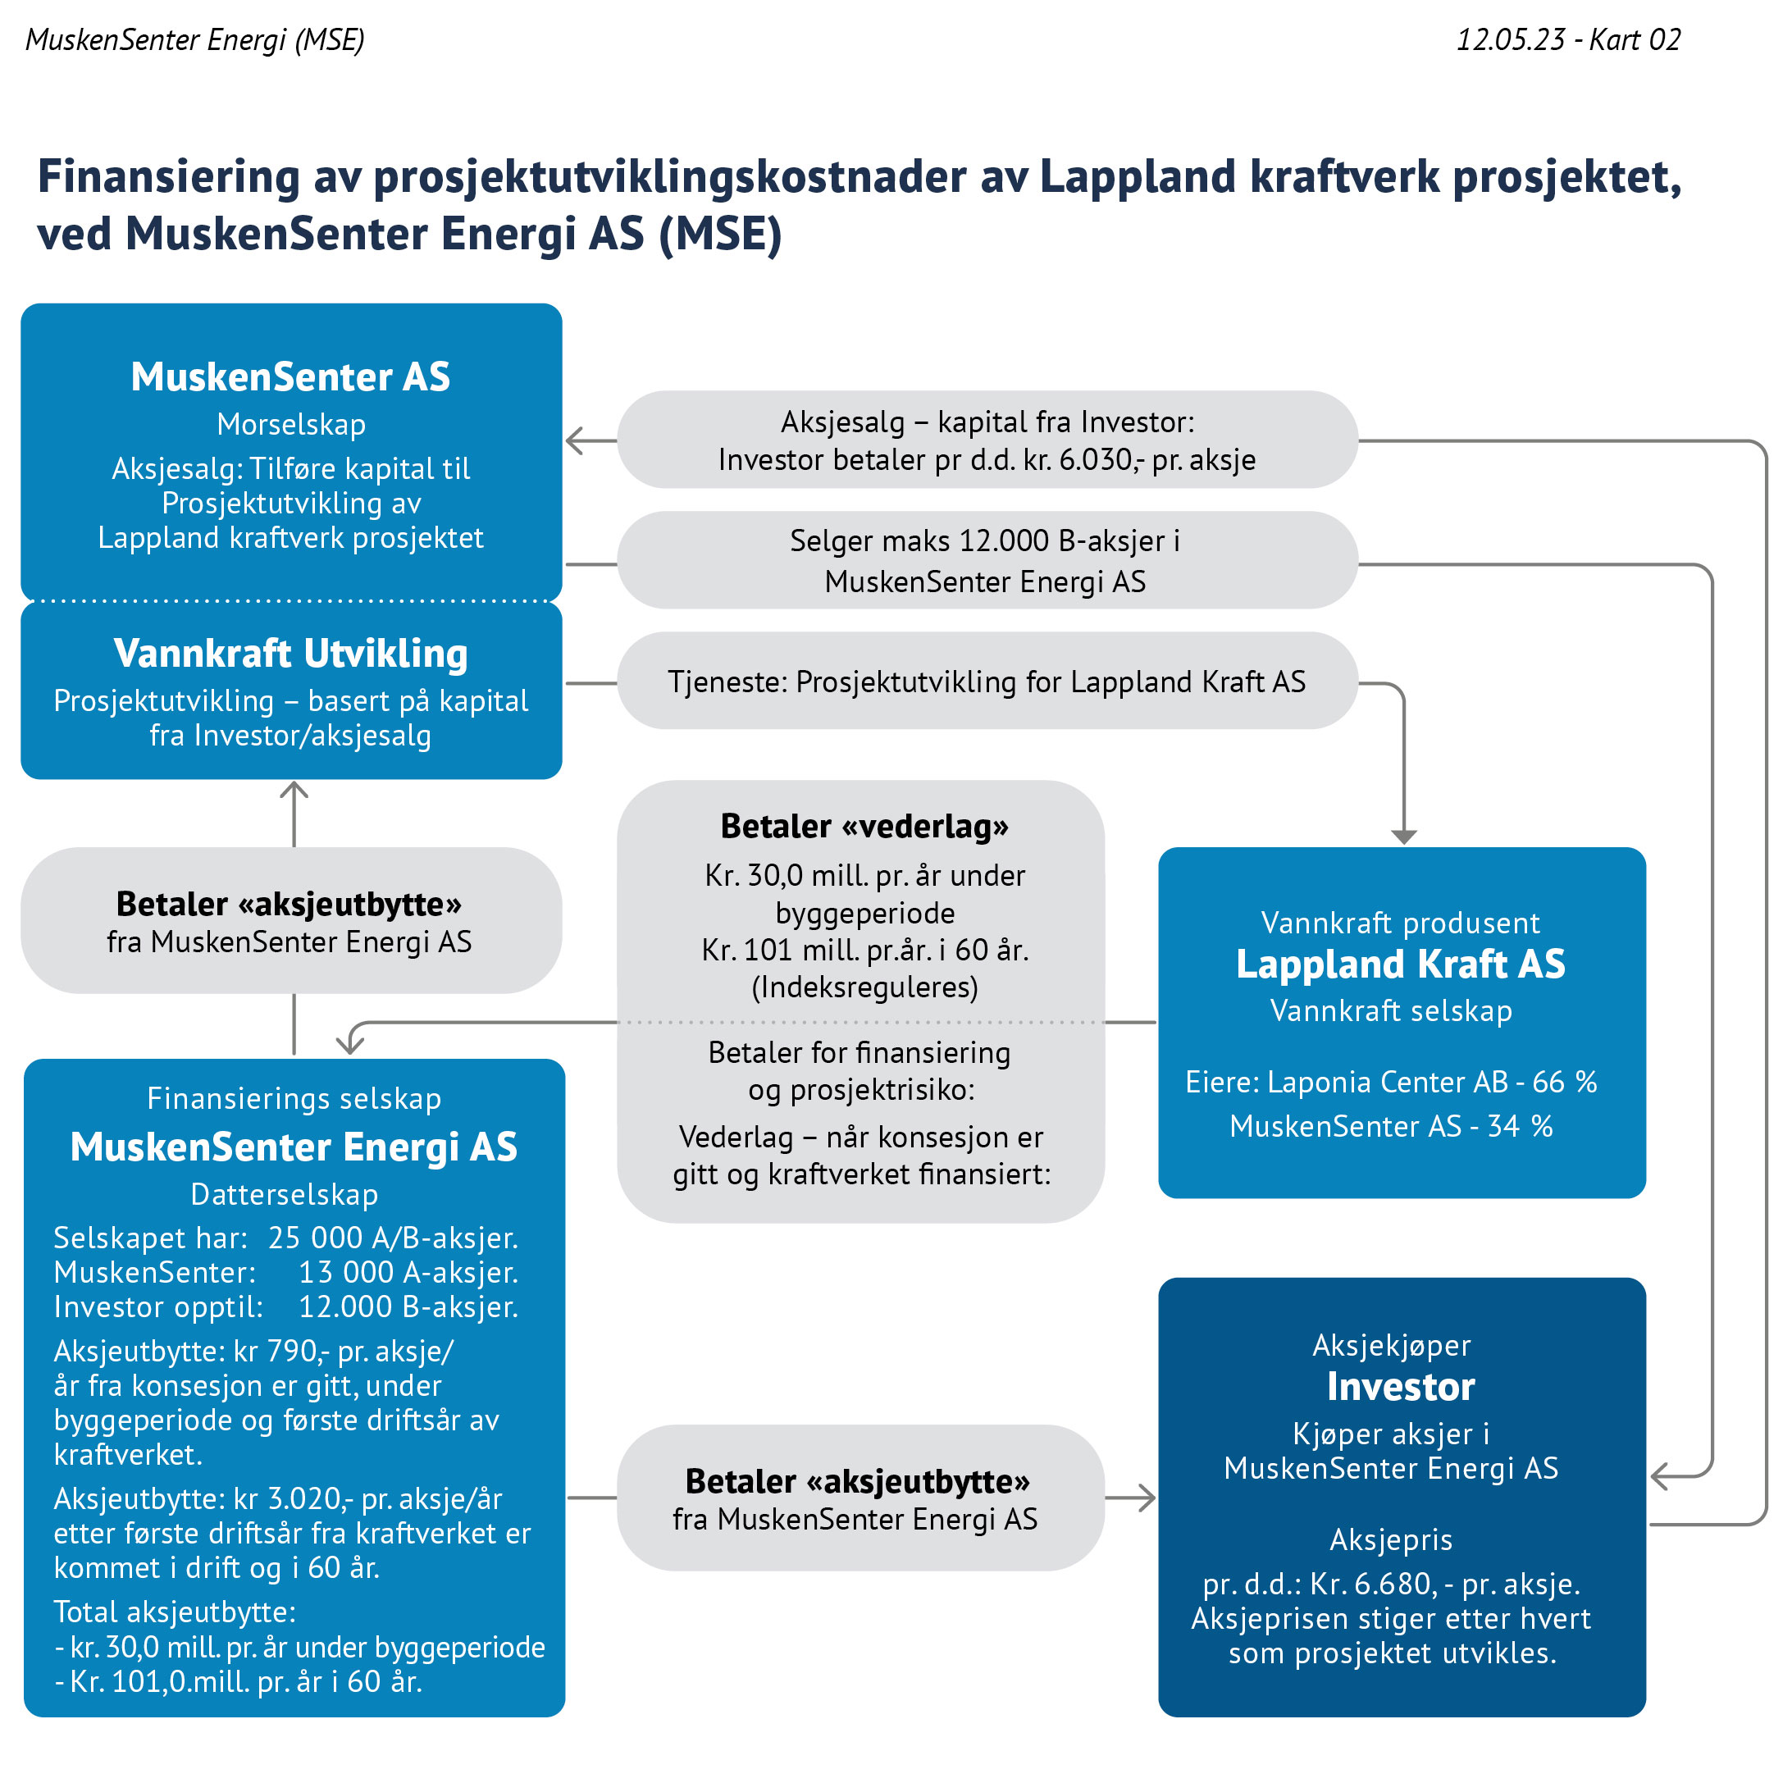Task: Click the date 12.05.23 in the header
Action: [x=1510, y=40]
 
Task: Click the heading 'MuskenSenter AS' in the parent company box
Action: [x=290, y=376]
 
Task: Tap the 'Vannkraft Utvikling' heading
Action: [x=290, y=653]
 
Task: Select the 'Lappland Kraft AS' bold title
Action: [x=1401, y=964]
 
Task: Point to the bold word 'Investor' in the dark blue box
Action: [x=1401, y=1387]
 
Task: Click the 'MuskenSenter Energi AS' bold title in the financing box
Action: [x=294, y=1147]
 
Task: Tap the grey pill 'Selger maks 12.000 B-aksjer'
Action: [x=987, y=560]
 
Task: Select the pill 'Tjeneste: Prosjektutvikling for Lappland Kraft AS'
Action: [x=987, y=681]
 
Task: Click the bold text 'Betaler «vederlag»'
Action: [x=864, y=826]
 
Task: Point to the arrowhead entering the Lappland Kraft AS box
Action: [x=1404, y=837]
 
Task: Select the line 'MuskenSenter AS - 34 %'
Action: [x=1391, y=1126]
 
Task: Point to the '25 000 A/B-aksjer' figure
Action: [x=394, y=1238]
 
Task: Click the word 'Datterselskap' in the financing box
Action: [x=285, y=1195]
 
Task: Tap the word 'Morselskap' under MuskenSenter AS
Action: [x=291, y=424]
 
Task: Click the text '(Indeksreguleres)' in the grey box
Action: [x=864, y=987]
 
